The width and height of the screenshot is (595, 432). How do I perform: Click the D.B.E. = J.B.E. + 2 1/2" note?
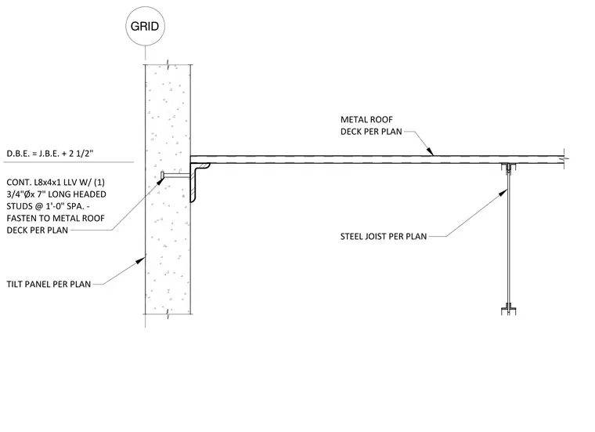(x=49, y=154)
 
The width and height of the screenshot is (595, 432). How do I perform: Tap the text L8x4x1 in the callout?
(x=51, y=183)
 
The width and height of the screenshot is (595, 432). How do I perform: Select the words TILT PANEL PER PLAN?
(x=49, y=284)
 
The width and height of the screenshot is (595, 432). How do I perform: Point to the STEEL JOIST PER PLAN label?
(x=384, y=236)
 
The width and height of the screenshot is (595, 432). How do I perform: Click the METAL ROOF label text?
(x=366, y=120)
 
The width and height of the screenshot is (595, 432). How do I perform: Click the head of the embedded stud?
(x=162, y=175)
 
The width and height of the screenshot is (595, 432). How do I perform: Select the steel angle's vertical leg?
(x=193, y=183)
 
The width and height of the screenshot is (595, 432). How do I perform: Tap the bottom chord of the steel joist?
(x=508, y=310)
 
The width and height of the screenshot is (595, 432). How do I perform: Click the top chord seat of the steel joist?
(x=508, y=167)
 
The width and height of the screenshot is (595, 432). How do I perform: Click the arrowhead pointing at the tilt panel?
(x=141, y=260)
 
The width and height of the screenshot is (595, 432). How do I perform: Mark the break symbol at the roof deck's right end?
(x=564, y=159)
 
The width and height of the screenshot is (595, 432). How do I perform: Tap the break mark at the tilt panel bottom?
(x=168, y=314)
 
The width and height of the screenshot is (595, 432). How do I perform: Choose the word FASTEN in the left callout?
(x=23, y=219)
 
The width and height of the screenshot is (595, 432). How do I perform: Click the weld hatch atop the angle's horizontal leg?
(x=203, y=166)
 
